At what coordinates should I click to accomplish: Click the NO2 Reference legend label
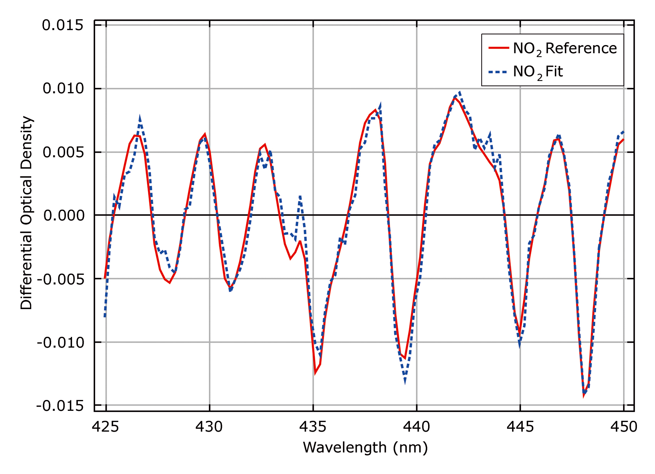point(564,49)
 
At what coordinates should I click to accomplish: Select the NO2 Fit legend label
point(537,72)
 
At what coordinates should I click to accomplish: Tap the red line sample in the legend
point(498,48)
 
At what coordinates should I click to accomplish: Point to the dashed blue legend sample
point(498,72)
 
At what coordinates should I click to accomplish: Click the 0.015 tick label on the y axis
point(63,25)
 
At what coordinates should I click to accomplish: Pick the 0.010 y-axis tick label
point(63,89)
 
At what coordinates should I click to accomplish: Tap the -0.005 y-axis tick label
point(60,279)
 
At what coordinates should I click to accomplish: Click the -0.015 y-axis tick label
point(60,406)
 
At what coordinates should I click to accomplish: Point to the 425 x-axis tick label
point(106,427)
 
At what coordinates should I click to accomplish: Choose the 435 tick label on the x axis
point(313,427)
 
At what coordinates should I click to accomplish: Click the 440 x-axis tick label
point(417,427)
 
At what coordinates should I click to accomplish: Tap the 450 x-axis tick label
point(623,427)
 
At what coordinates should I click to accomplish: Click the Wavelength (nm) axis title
point(365,448)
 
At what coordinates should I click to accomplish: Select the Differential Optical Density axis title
point(27,213)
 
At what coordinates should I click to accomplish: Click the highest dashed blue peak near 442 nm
point(460,92)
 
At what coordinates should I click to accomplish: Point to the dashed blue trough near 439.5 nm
point(405,382)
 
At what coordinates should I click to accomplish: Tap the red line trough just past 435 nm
point(315,373)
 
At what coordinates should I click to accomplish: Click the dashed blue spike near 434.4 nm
point(300,196)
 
